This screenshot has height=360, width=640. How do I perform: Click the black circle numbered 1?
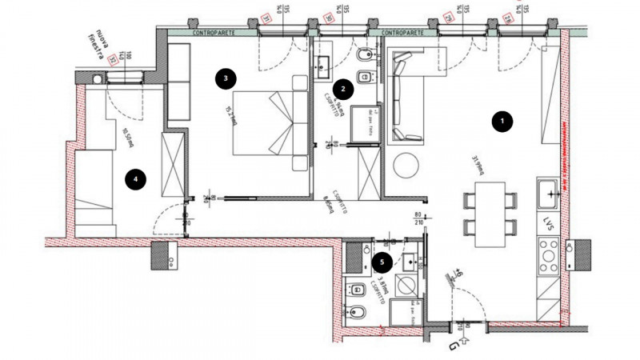[x=502, y=122]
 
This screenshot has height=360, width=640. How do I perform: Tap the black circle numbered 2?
[x=342, y=89]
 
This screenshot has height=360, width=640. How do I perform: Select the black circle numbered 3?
[x=227, y=78]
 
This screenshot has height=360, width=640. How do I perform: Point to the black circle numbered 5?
[x=382, y=260]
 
